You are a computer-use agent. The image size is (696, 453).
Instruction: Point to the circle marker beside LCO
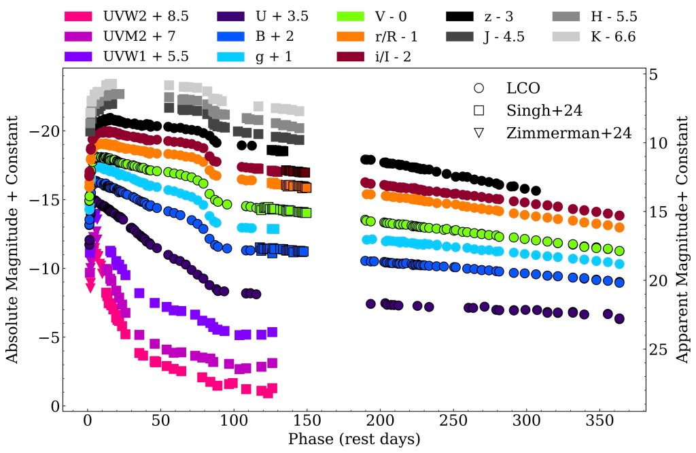coord(479,88)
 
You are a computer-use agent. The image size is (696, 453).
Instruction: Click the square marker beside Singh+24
coord(479,110)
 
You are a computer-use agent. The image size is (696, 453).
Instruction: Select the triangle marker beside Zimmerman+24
coord(479,133)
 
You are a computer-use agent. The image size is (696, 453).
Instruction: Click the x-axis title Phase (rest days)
coord(353,439)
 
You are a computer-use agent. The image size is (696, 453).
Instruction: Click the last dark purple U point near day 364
coord(619,318)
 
